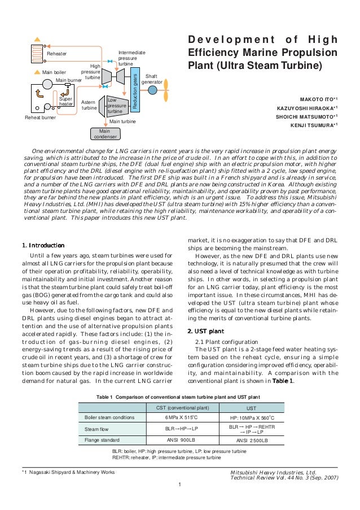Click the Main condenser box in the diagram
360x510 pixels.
(x=103, y=133)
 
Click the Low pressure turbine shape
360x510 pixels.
(x=115, y=105)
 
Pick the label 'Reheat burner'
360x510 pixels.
(x=40, y=117)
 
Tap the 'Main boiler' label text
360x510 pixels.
(x=54, y=72)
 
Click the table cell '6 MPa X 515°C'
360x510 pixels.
(x=178, y=417)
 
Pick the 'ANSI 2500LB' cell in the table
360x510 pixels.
(x=252, y=440)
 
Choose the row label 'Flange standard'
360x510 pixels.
(x=100, y=439)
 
